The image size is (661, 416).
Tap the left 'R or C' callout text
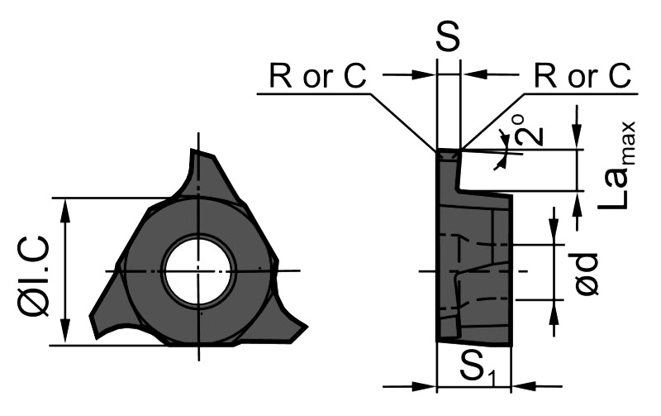tap(317, 76)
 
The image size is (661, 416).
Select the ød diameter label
tap(587, 273)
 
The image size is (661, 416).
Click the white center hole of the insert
tap(199, 270)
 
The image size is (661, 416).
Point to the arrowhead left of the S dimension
tap(428, 75)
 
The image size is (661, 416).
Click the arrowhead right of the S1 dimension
tap(520, 385)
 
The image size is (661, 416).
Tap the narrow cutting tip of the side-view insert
tap(448, 155)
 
